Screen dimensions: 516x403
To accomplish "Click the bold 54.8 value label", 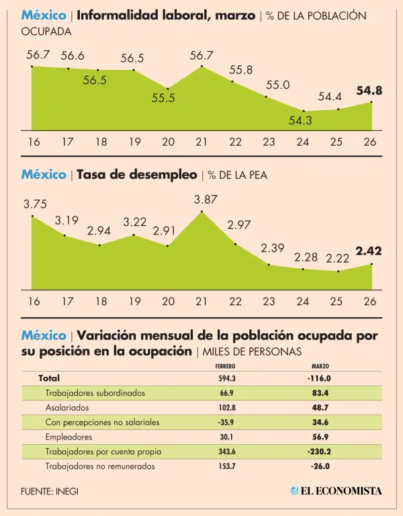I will pyautogui.click(x=369, y=90).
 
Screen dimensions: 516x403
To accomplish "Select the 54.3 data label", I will pyautogui.click(x=301, y=121).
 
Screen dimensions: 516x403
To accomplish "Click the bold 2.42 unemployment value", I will pyautogui.click(x=369, y=251).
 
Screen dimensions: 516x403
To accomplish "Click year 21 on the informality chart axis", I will pyautogui.click(x=201, y=142).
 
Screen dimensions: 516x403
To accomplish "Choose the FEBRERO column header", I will pyautogui.click(x=225, y=366).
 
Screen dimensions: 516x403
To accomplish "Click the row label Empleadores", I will pyautogui.click(x=69, y=437).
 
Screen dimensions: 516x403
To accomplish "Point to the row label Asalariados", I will pyautogui.click(x=68, y=407).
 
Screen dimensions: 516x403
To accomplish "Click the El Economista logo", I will pyautogui.click(x=336, y=490).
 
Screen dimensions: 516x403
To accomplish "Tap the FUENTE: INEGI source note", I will pyautogui.click(x=49, y=491).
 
